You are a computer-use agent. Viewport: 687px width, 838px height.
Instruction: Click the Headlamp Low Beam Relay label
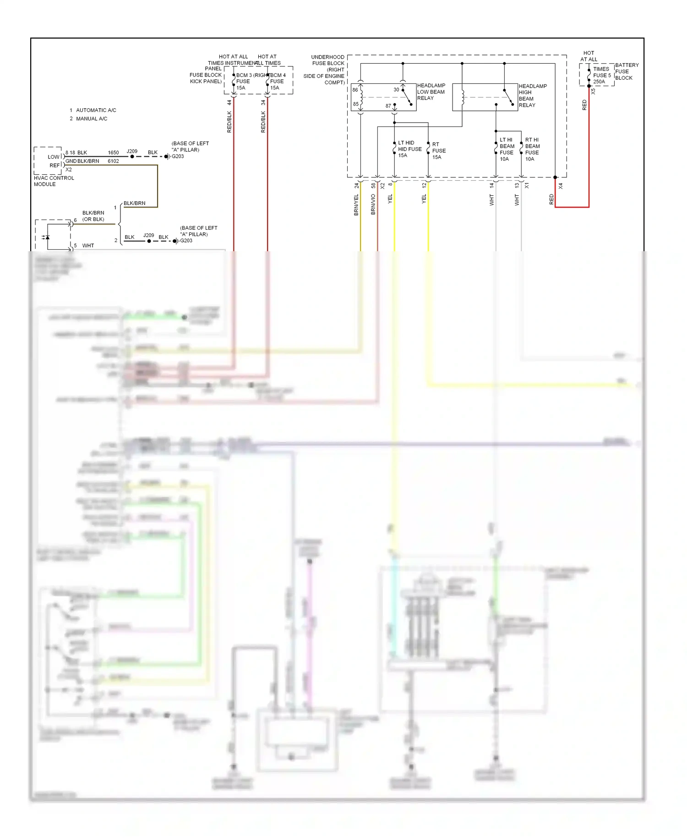coord(431,92)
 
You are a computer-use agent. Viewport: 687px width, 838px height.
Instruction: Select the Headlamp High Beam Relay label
coord(532,95)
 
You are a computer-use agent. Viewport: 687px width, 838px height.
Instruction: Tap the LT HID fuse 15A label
coord(409,149)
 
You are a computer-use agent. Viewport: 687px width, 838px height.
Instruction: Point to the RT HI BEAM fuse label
coord(532,149)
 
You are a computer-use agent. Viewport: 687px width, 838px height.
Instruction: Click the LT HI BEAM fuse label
coord(506,149)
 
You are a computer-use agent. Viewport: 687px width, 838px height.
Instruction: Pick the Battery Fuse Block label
coord(627,72)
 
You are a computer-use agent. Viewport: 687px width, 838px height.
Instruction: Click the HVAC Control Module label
coord(54,181)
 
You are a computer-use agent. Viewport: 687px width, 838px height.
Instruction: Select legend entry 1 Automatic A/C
coord(93,110)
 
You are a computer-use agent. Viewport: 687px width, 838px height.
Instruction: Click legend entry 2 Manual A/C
coord(88,119)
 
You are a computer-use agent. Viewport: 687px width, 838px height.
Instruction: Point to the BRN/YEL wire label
coord(356,205)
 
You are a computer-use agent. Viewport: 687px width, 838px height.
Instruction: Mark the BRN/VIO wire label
coord(373,204)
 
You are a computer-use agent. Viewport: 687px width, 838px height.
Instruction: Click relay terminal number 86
coord(355,90)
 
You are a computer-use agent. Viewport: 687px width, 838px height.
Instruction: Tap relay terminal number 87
coord(388,106)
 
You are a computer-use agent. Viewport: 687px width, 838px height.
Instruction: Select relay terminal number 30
coord(396,90)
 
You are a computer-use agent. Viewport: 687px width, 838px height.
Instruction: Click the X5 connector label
coord(593,91)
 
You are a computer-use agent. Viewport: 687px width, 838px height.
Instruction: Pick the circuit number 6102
coord(113,161)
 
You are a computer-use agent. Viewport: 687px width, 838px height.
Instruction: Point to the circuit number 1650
coord(113,153)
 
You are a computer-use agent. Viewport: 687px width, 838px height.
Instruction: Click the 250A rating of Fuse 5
coord(599,82)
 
